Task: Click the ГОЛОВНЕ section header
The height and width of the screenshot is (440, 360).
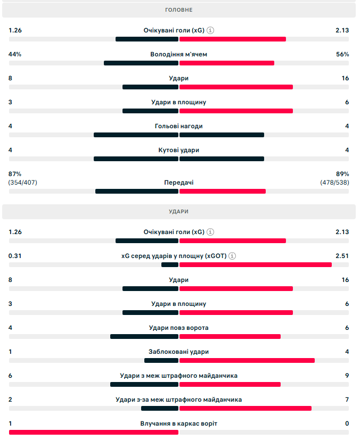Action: pos(179,10)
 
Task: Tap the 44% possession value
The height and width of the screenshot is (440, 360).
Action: pos(15,54)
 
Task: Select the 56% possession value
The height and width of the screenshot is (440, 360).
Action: pos(342,54)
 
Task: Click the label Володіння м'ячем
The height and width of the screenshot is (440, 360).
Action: pos(179,54)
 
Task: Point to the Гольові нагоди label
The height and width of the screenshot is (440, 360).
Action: pos(179,126)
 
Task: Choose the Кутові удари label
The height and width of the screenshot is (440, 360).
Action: pos(179,150)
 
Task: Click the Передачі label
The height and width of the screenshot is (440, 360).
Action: pos(179,182)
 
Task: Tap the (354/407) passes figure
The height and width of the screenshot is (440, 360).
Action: pos(23,182)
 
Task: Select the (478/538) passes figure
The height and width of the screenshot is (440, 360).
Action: pos(334,182)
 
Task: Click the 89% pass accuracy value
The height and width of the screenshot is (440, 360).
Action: pos(342,174)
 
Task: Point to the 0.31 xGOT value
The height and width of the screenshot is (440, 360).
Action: pos(15,256)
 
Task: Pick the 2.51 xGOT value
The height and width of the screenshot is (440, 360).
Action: pos(342,256)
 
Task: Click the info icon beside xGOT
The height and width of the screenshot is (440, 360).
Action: pos(232,256)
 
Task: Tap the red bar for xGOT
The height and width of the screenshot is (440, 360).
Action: pos(256,264)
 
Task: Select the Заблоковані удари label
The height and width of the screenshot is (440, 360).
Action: pos(179,352)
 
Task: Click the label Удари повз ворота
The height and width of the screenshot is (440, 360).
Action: pos(179,328)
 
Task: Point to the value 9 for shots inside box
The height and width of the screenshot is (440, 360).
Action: pos(347,376)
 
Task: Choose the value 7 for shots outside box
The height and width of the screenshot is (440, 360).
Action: pos(347,400)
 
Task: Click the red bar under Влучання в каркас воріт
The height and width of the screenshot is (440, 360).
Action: pos(94,432)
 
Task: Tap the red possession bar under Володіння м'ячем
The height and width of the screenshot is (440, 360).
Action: pos(227,63)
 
